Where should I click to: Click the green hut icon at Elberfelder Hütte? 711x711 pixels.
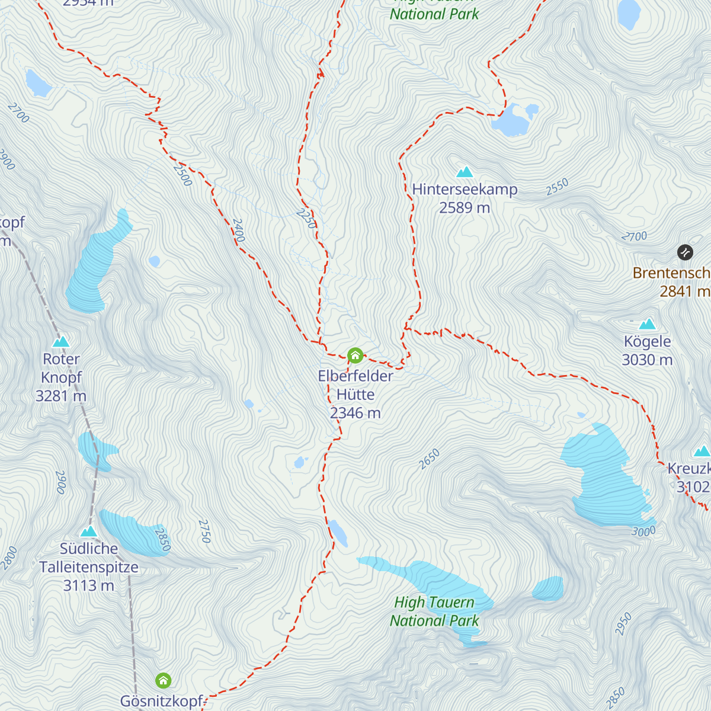[355, 355]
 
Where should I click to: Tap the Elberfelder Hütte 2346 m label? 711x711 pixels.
[355, 395]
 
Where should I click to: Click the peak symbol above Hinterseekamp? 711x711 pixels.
[465, 172]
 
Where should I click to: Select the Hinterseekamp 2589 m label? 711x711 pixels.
[465, 198]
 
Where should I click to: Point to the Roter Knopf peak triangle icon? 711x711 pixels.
[61, 342]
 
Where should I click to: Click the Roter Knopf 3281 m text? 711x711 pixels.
[61, 377]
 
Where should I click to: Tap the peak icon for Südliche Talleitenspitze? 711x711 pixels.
[89, 531]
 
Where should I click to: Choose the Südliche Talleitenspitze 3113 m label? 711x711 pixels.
[89, 567]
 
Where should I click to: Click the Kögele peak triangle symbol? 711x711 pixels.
[647, 324]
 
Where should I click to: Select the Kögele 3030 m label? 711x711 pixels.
[647, 351]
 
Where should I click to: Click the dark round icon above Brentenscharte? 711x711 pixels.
[685, 252]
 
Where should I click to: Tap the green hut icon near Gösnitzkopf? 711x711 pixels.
[163, 680]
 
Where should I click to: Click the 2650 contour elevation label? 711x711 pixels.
[430, 459]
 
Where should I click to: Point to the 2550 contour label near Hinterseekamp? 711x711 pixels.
[557, 187]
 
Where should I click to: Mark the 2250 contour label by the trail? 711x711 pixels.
[306, 218]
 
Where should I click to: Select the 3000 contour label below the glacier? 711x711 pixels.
[643, 531]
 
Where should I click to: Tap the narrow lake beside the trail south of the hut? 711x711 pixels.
[339, 533]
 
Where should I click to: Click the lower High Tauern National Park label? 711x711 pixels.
[434, 611]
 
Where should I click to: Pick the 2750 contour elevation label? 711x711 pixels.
[204, 531]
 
